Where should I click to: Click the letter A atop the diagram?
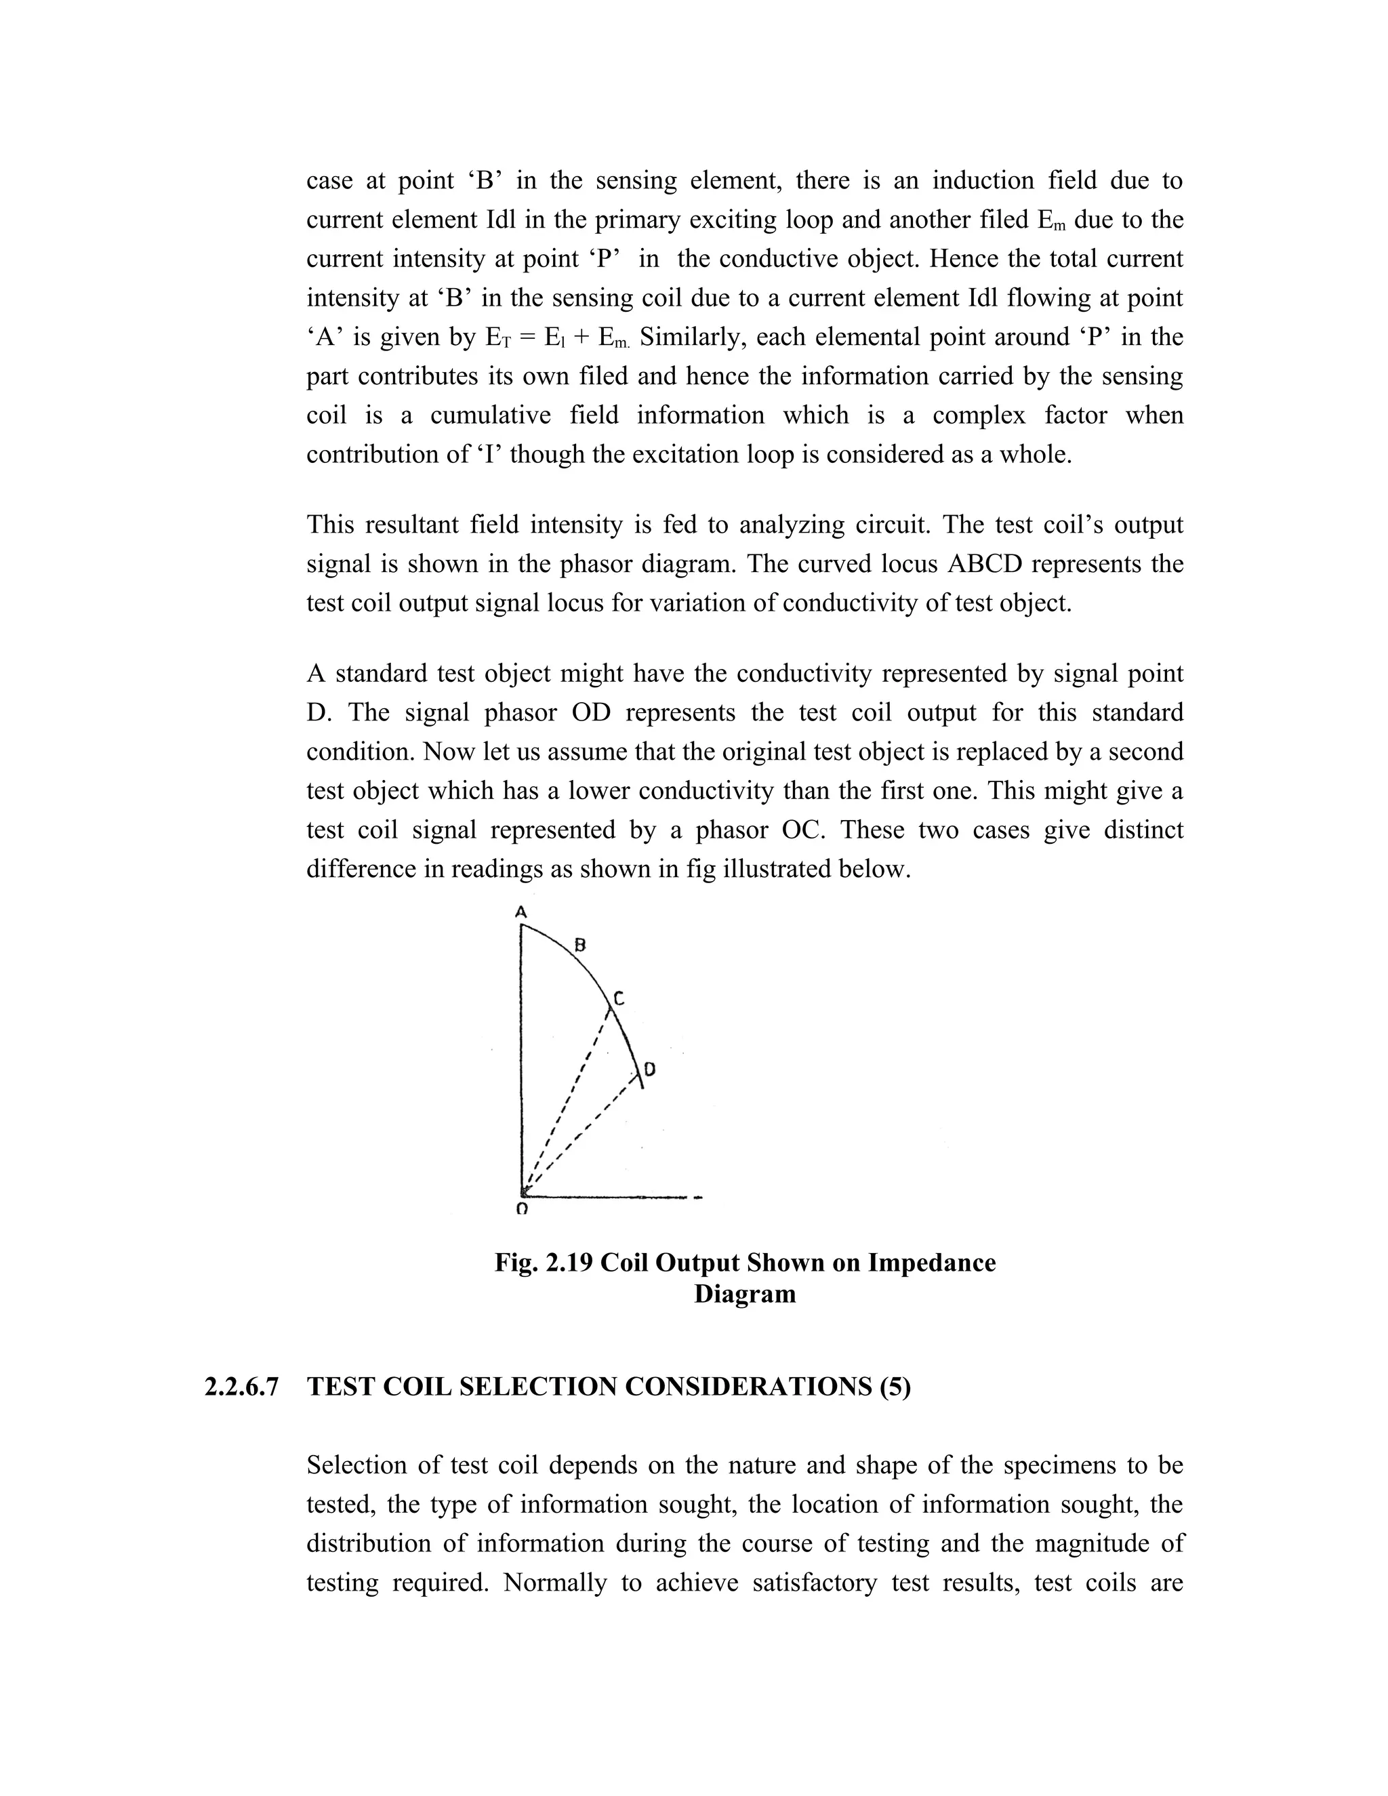[x=520, y=912]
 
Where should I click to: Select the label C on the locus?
[x=619, y=998]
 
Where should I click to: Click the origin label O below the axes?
[x=521, y=1210]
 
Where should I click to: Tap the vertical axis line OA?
[x=522, y=1061]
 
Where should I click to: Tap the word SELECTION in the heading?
[x=537, y=1388]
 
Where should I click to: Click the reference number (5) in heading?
[x=895, y=1388]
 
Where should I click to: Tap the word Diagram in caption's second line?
[x=744, y=1294]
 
